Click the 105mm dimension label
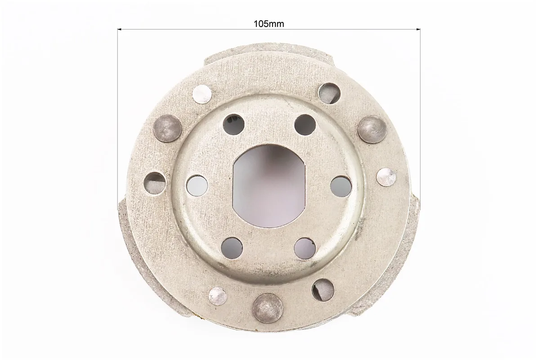pos(268,24)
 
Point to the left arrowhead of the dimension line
pos(120,30)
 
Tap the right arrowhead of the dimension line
pos(418,30)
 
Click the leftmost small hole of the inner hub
pos(197,185)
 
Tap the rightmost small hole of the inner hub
pos(340,185)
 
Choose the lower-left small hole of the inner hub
pos(232,247)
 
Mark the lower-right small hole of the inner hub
pos(304,247)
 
